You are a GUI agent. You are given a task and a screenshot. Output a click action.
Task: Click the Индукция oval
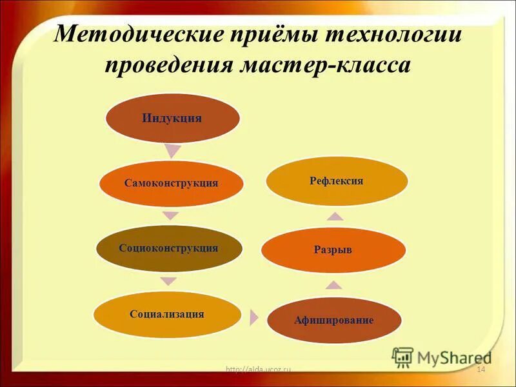point(172,118)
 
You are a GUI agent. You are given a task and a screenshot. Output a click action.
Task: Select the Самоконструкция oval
point(172,183)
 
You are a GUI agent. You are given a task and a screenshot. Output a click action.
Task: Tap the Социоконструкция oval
point(169,248)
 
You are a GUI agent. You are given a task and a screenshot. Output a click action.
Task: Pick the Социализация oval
point(167,314)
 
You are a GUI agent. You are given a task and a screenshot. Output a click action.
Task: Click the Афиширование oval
point(334,319)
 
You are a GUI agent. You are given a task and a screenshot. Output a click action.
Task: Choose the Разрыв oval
point(333,250)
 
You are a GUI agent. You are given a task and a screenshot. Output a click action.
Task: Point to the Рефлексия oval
point(336,181)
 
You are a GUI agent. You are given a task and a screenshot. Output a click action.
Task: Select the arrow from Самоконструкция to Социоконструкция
point(170,215)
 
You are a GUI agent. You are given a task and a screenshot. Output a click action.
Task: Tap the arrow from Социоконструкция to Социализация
point(168,281)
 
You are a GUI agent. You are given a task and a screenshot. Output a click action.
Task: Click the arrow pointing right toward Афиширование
point(253,317)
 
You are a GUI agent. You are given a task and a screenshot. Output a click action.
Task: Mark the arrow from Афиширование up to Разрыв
point(333,284)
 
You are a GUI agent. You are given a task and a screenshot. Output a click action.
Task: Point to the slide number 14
point(480,368)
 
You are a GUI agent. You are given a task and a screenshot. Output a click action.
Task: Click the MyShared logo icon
point(402,357)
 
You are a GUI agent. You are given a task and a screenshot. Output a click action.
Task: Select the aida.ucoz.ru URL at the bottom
point(259,369)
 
